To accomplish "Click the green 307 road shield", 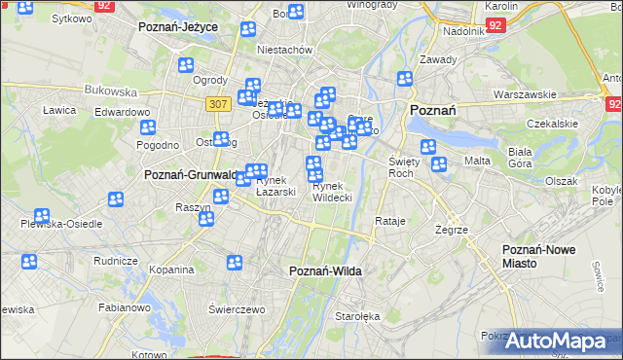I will click(217, 102).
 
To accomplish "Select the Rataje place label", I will click(389, 221).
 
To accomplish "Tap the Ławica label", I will click(59, 110).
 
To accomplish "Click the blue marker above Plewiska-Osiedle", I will click(42, 216).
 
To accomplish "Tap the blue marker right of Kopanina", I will click(235, 262).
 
